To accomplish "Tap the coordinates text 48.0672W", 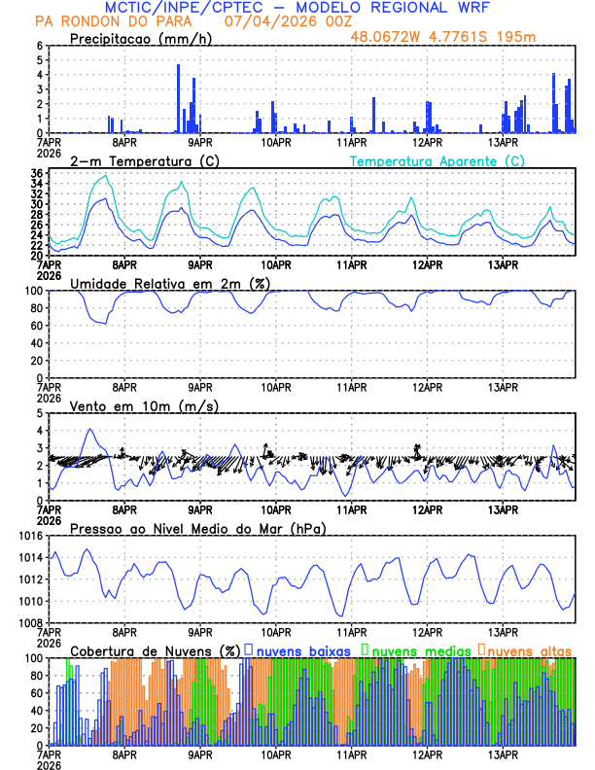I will pos(383,37).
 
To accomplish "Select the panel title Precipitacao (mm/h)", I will pos(140,38).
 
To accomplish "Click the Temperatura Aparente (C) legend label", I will pos(437,160).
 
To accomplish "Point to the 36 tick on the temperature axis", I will pos(36,173).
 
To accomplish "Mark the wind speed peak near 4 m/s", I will pos(90,429).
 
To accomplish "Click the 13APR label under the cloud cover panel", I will pos(503,754).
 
